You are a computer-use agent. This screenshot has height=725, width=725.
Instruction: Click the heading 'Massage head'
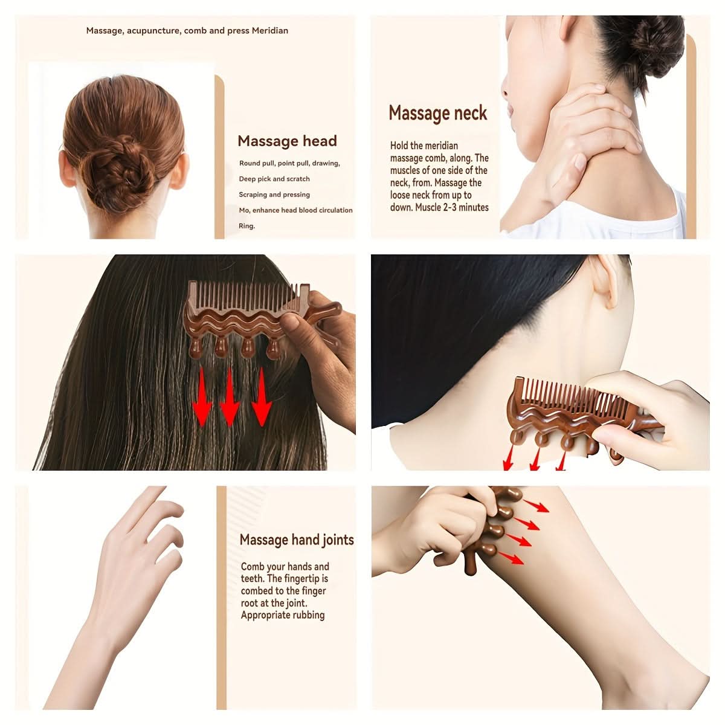click(x=287, y=141)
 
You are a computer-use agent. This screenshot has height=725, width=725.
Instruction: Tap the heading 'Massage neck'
click(x=437, y=113)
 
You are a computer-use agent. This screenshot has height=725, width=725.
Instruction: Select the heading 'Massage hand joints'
click(x=297, y=540)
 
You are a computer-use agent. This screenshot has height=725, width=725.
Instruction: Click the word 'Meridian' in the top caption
click(x=270, y=30)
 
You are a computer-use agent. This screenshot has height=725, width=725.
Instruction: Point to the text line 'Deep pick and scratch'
click(x=274, y=179)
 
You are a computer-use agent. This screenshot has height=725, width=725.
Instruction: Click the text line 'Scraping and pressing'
click(x=274, y=195)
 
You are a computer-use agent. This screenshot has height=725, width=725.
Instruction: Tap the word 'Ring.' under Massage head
click(x=247, y=226)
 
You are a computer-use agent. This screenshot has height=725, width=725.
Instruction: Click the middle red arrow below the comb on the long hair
click(x=230, y=396)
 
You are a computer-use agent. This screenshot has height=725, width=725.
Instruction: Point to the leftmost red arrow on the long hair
click(x=202, y=396)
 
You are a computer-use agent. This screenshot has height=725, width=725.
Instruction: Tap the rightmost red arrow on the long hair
click(x=262, y=396)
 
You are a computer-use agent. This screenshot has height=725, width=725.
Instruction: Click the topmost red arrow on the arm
click(x=536, y=506)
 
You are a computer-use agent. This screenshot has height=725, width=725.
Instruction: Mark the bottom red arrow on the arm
click(x=511, y=558)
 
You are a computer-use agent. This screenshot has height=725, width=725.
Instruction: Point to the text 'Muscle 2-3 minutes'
click(x=451, y=207)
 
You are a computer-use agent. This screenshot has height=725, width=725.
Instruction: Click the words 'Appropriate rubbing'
click(x=283, y=615)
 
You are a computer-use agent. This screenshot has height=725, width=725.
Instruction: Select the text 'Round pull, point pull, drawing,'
click(x=290, y=163)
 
